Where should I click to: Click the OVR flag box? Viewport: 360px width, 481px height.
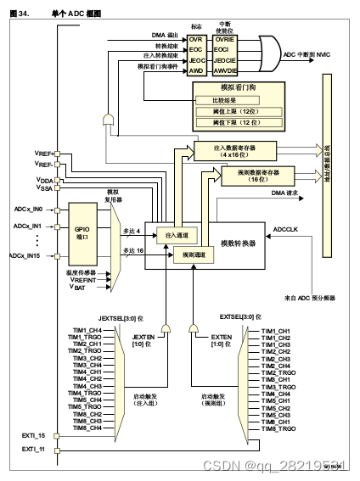[196, 40]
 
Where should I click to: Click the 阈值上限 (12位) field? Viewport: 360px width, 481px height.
[240, 110]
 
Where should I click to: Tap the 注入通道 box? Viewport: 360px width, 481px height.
[174, 234]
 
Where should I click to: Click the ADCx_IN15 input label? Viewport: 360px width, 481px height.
[29, 255]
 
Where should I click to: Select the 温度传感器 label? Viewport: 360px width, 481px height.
[85, 272]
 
